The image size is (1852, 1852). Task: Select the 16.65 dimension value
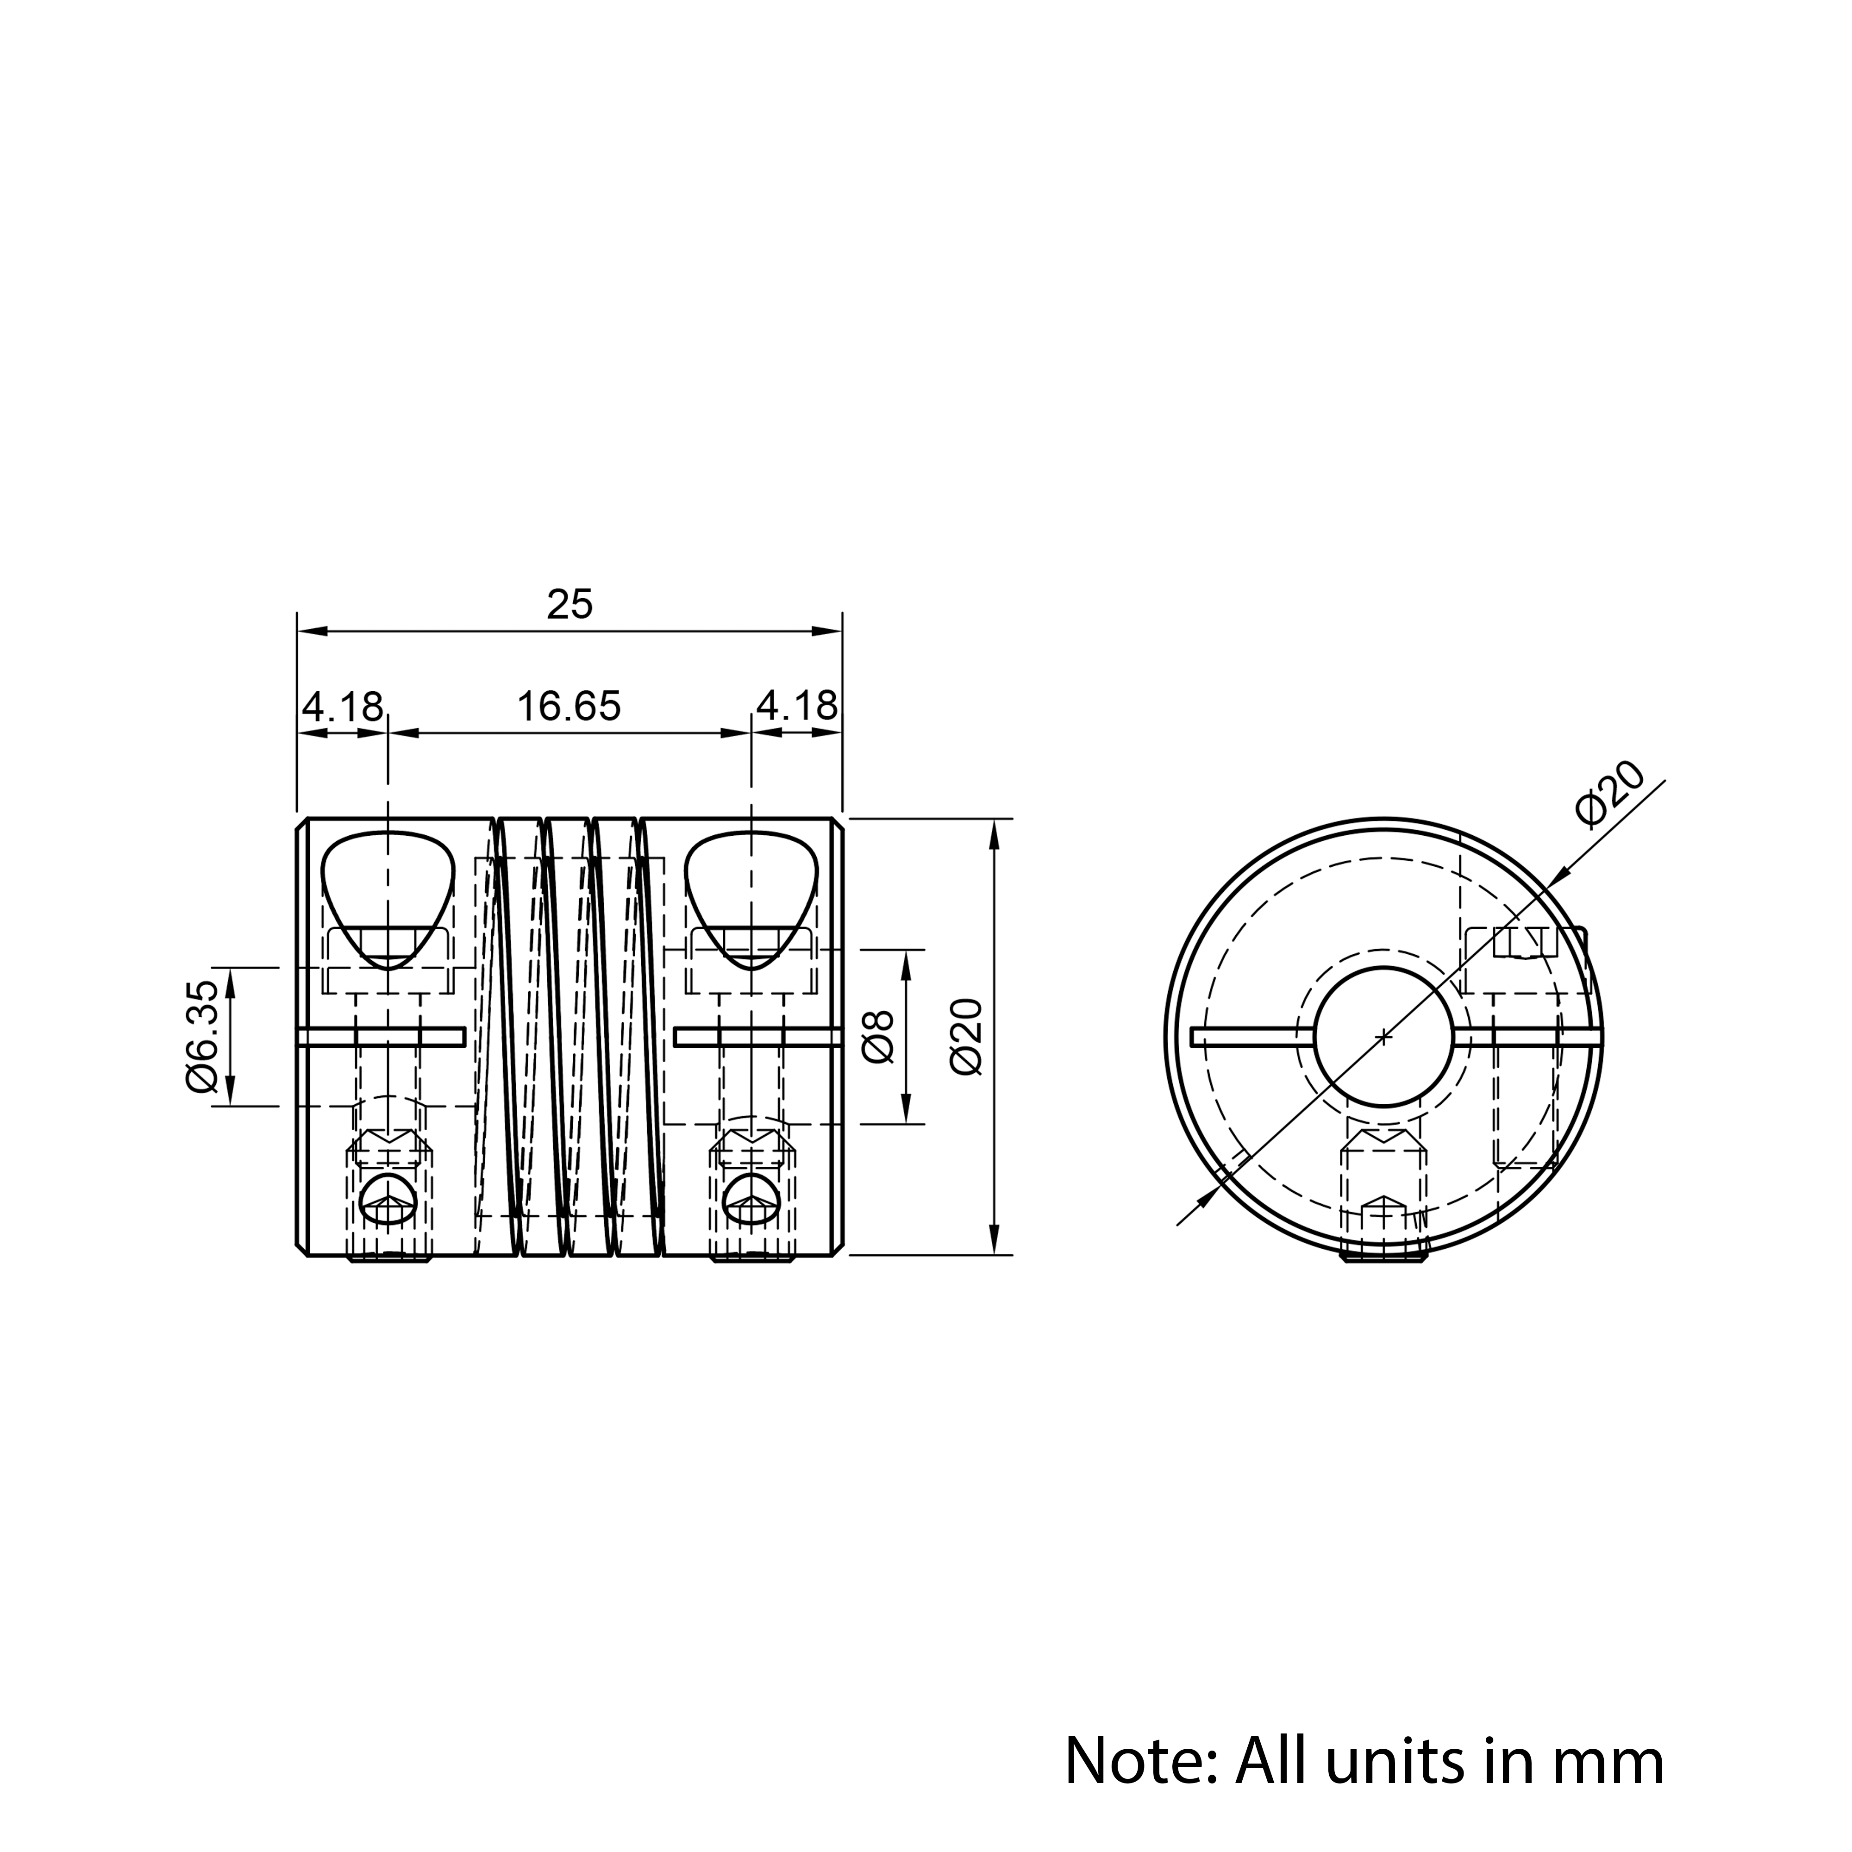569,707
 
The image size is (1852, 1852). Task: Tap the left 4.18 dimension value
342,707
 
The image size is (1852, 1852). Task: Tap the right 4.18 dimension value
796,707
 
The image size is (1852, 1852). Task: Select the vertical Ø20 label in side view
967,1036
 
